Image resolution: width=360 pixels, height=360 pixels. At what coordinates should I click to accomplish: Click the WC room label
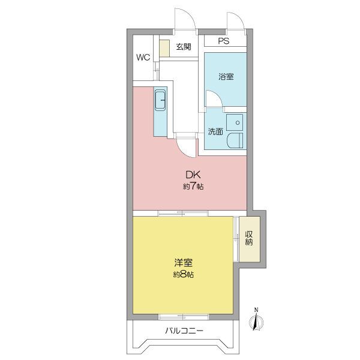[143, 57]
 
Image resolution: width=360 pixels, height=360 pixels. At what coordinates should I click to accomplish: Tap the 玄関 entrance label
[184, 47]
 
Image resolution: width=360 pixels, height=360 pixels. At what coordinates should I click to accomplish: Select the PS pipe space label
[223, 41]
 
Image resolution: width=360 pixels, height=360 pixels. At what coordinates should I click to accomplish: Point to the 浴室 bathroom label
[226, 76]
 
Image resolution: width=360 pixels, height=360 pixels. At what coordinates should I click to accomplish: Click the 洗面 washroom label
[215, 131]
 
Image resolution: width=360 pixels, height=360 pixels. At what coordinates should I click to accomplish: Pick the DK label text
[193, 175]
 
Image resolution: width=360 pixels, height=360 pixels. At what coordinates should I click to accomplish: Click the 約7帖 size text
[193, 187]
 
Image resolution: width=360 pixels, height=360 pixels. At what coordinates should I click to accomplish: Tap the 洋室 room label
[183, 263]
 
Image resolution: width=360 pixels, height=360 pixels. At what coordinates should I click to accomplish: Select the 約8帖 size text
[183, 274]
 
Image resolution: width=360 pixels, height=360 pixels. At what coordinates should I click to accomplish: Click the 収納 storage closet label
[249, 238]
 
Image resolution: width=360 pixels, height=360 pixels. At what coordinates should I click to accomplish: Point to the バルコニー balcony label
[184, 331]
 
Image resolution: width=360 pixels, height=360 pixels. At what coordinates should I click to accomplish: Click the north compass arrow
[256, 321]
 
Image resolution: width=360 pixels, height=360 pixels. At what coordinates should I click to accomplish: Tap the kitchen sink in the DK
[160, 100]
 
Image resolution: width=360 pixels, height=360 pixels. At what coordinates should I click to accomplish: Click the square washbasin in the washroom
[235, 122]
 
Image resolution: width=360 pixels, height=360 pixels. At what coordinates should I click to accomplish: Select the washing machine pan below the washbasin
[235, 140]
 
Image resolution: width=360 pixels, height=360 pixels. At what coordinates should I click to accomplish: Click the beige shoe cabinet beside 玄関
[164, 48]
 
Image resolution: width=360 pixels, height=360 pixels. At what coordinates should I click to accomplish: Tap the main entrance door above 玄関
[185, 19]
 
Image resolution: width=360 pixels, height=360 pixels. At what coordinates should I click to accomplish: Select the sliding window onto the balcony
[184, 317]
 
